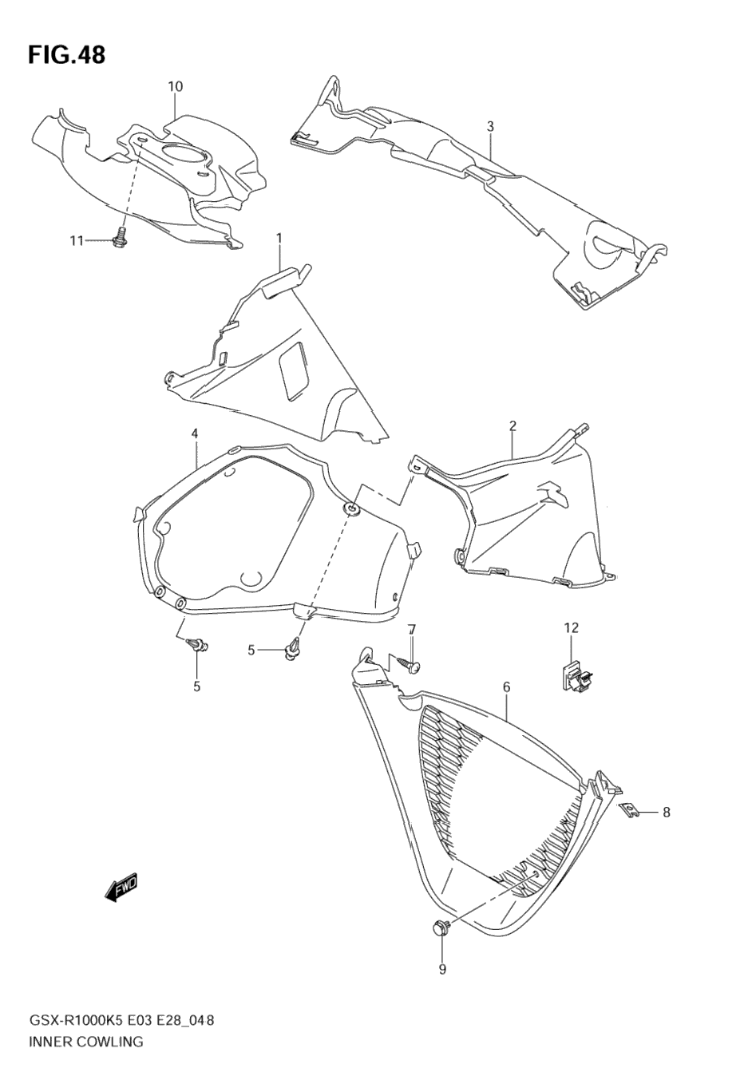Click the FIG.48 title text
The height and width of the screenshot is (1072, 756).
[x=66, y=55]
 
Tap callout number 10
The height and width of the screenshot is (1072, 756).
[x=175, y=87]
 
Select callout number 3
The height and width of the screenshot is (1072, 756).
[x=490, y=127]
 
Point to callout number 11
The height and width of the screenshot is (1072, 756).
[x=77, y=241]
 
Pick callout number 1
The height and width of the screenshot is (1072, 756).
[x=279, y=238]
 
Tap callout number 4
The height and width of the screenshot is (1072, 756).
[x=194, y=433]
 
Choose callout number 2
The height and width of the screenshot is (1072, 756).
[x=513, y=425]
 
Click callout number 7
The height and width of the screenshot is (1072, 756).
[x=412, y=629]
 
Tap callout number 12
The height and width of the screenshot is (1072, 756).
[x=572, y=627]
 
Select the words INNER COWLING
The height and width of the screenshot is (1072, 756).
[x=85, y=1038]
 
